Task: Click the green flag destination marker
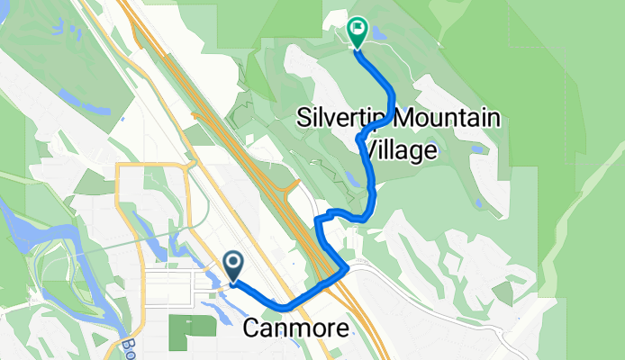357,32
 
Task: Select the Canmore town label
296,330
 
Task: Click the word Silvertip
342,120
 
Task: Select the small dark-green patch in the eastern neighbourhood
503,292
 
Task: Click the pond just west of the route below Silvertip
350,179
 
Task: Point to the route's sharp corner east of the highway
347,267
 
